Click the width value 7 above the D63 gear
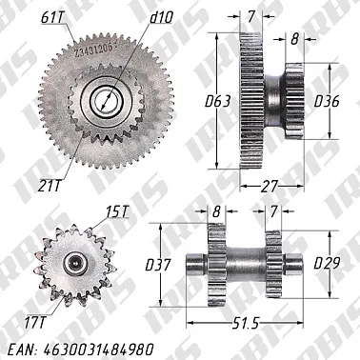(251, 17)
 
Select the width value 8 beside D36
(294, 39)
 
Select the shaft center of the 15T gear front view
(73, 261)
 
